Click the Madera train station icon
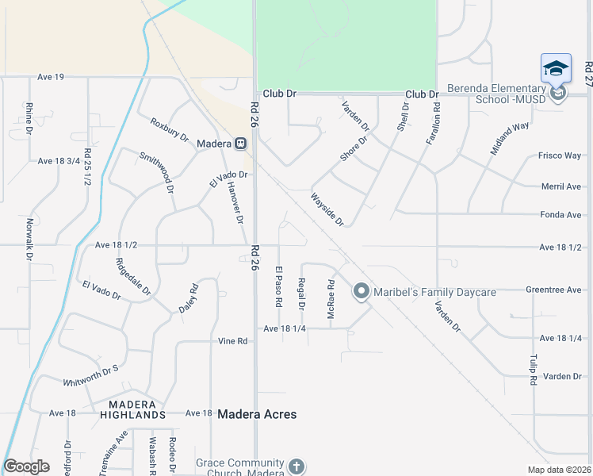[x=240, y=144]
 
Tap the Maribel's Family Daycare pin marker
[x=362, y=292]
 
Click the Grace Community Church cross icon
[x=296, y=466]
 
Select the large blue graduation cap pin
[x=556, y=68]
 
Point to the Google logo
[x=26, y=466]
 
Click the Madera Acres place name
[x=257, y=414]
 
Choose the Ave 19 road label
[x=51, y=77]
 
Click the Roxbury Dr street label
[x=170, y=130]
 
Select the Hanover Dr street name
[x=234, y=203]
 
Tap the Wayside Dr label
[x=327, y=209]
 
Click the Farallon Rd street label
[x=433, y=122]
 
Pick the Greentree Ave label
[x=553, y=290]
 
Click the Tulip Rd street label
[x=534, y=370]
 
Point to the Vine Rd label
[x=233, y=341]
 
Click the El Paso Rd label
[x=279, y=286]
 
